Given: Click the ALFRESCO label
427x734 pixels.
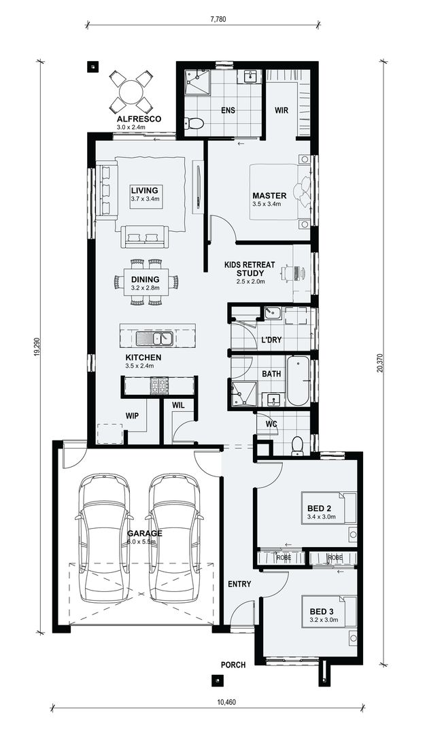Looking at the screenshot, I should coord(138,118).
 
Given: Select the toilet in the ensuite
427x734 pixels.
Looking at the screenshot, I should coord(194,123).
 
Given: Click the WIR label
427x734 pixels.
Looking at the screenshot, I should coord(282,109).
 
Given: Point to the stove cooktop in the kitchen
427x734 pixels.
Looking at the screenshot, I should coord(159,386).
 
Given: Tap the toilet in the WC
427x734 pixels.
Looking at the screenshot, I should coord(297,445).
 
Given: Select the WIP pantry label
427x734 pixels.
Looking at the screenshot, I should coord(132,415).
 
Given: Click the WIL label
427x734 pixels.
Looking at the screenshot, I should coord(179,406).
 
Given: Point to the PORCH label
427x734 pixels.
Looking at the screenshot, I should coord(233,665).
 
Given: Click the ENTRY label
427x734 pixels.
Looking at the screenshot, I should coord(239,584).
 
